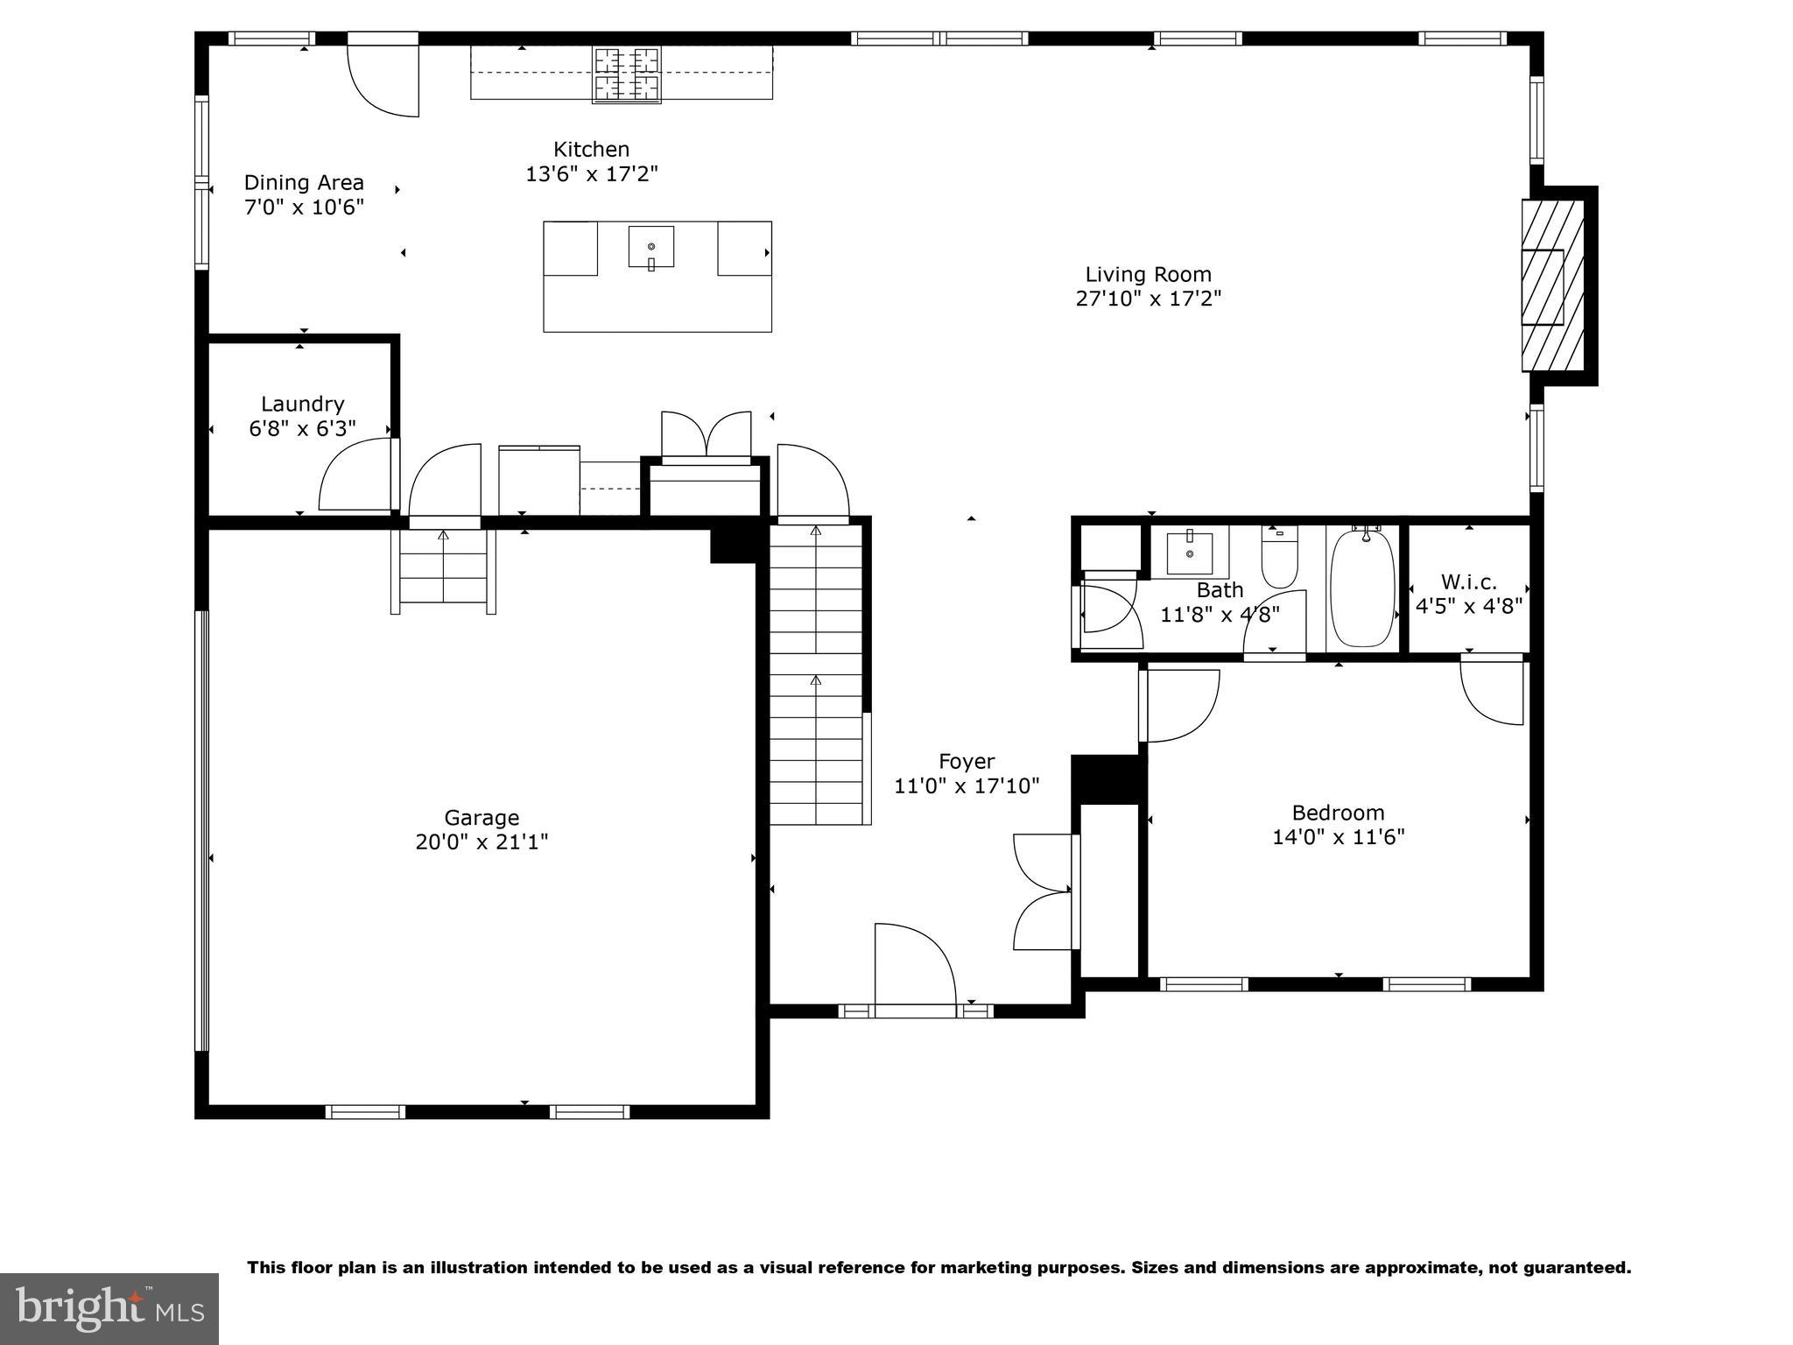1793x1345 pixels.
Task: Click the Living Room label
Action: click(1148, 274)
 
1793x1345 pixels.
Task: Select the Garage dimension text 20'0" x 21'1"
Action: click(482, 842)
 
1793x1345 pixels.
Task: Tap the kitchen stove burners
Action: click(626, 74)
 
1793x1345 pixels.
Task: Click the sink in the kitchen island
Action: click(651, 247)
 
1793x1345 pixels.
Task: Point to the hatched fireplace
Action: click(1553, 285)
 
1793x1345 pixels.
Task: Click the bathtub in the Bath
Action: click(1362, 588)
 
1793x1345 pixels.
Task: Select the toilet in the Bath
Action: click(1279, 560)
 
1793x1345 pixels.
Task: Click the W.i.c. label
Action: click(1468, 581)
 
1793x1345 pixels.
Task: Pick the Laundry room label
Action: click(302, 404)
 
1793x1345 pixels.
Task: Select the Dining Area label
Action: click(304, 182)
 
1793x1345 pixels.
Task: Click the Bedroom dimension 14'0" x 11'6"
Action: click(1338, 837)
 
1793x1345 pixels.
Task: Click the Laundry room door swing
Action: click(355, 475)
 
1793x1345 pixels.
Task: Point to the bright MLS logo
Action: click(109, 1309)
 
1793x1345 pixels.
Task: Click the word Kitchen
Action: click(591, 149)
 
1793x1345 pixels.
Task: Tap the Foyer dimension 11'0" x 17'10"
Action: click(967, 786)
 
